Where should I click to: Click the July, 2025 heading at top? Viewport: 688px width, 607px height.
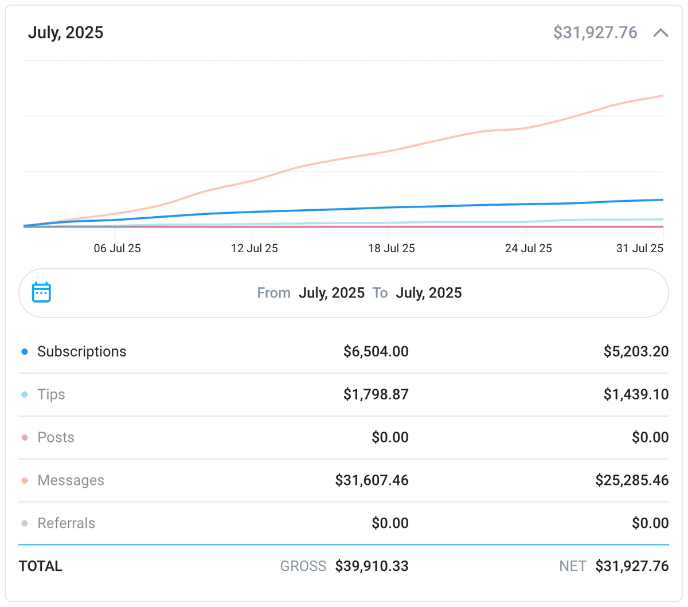tap(65, 33)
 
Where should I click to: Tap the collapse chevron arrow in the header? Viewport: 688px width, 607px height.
tap(660, 33)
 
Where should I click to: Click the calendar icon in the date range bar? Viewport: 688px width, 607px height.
tap(41, 292)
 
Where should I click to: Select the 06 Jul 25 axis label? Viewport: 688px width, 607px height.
tap(117, 248)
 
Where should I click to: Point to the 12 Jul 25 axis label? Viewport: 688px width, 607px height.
tap(254, 248)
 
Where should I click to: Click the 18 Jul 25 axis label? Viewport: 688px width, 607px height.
tap(391, 248)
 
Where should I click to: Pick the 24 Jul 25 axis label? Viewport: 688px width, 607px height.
tap(528, 248)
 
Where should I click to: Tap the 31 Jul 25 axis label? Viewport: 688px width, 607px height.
tap(639, 248)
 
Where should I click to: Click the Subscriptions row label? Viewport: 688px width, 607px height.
tap(81, 351)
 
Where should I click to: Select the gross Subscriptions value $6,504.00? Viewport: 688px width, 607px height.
tap(376, 351)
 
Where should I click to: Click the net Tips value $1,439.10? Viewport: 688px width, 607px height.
tap(636, 394)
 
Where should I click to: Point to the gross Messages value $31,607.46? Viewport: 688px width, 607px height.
tap(372, 480)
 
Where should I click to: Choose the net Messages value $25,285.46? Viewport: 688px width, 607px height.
tap(632, 480)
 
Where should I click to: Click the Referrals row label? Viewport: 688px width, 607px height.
tap(66, 523)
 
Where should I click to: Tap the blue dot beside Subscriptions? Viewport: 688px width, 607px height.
tap(25, 352)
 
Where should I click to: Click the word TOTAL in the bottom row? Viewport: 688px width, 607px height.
tap(40, 566)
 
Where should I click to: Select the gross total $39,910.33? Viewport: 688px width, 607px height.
tap(372, 566)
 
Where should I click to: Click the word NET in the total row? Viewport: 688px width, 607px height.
tap(572, 566)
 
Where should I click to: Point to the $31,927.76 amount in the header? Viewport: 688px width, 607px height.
tap(595, 33)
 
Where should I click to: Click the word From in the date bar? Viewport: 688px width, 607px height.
tap(273, 293)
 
